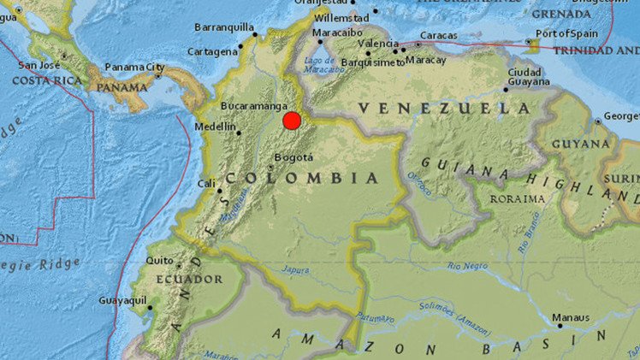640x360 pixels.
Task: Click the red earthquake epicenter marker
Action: point(292,121)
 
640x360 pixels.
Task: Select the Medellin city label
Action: point(216,127)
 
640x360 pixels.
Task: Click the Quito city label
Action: point(158,261)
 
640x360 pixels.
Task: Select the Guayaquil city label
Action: point(122,301)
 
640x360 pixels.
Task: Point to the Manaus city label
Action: point(571,317)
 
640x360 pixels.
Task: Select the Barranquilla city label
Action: point(225,27)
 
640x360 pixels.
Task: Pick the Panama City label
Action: point(134,67)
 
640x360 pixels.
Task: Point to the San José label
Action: point(39,65)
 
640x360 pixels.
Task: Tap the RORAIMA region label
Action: point(516,198)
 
